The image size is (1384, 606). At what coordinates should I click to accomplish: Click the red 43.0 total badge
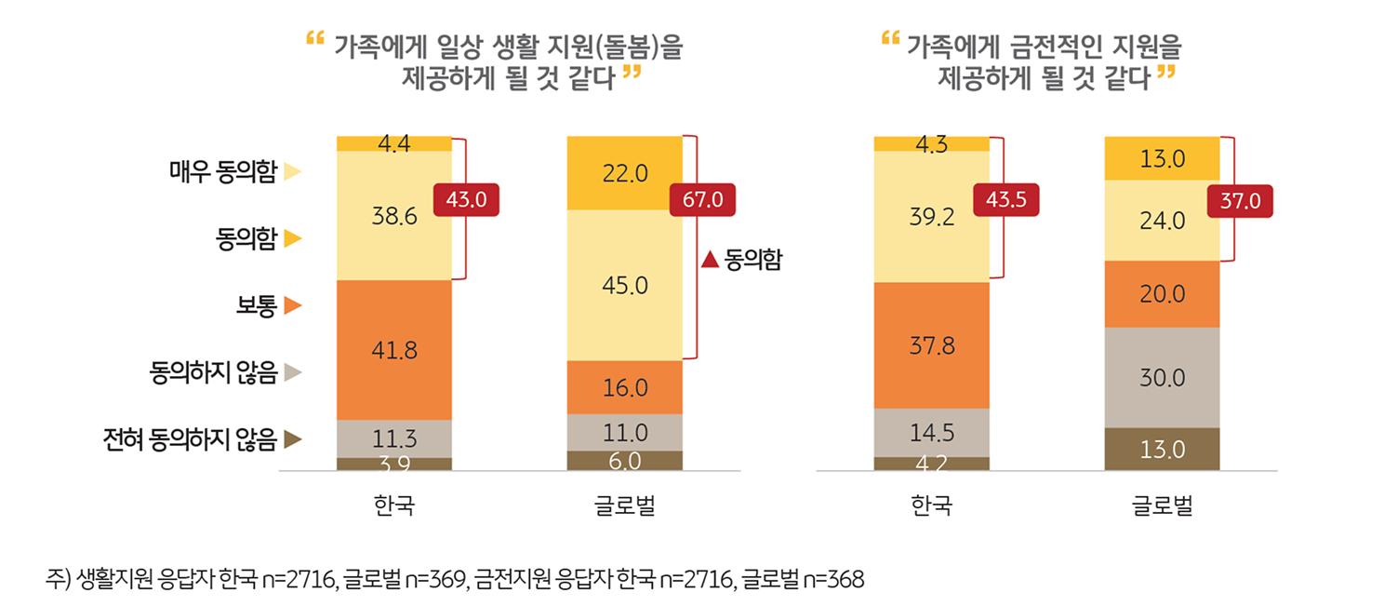tap(466, 199)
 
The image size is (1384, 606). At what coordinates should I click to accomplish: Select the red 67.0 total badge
tap(702, 199)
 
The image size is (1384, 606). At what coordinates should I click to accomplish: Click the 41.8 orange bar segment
tap(394, 350)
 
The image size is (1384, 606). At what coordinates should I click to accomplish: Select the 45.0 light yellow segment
tap(625, 285)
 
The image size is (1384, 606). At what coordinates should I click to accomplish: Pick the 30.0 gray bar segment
tap(1162, 378)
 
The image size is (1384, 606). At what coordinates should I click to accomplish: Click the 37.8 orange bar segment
tap(932, 345)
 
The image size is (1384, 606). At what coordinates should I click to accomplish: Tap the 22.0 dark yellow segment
tap(625, 173)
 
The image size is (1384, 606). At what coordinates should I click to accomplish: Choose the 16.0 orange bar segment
tap(625, 387)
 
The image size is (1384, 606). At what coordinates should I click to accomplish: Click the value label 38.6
tap(394, 216)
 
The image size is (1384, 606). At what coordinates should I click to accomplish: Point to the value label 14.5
tap(932, 433)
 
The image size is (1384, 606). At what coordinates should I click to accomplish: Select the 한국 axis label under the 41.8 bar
tap(394, 506)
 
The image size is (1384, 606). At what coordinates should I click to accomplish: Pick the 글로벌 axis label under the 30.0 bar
tap(1162, 506)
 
